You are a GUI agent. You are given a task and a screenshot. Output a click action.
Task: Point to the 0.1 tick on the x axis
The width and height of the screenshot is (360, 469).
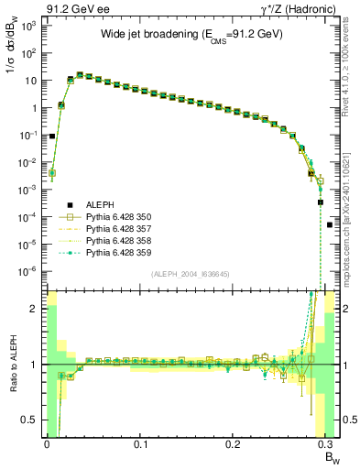click(140, 444)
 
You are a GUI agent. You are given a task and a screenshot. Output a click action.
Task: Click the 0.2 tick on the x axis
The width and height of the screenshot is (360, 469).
click(234, 444)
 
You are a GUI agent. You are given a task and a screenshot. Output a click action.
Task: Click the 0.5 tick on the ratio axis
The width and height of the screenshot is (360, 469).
click(34, 420)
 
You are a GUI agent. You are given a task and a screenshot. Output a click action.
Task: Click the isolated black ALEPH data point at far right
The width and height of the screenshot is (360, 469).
click(330, 224)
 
